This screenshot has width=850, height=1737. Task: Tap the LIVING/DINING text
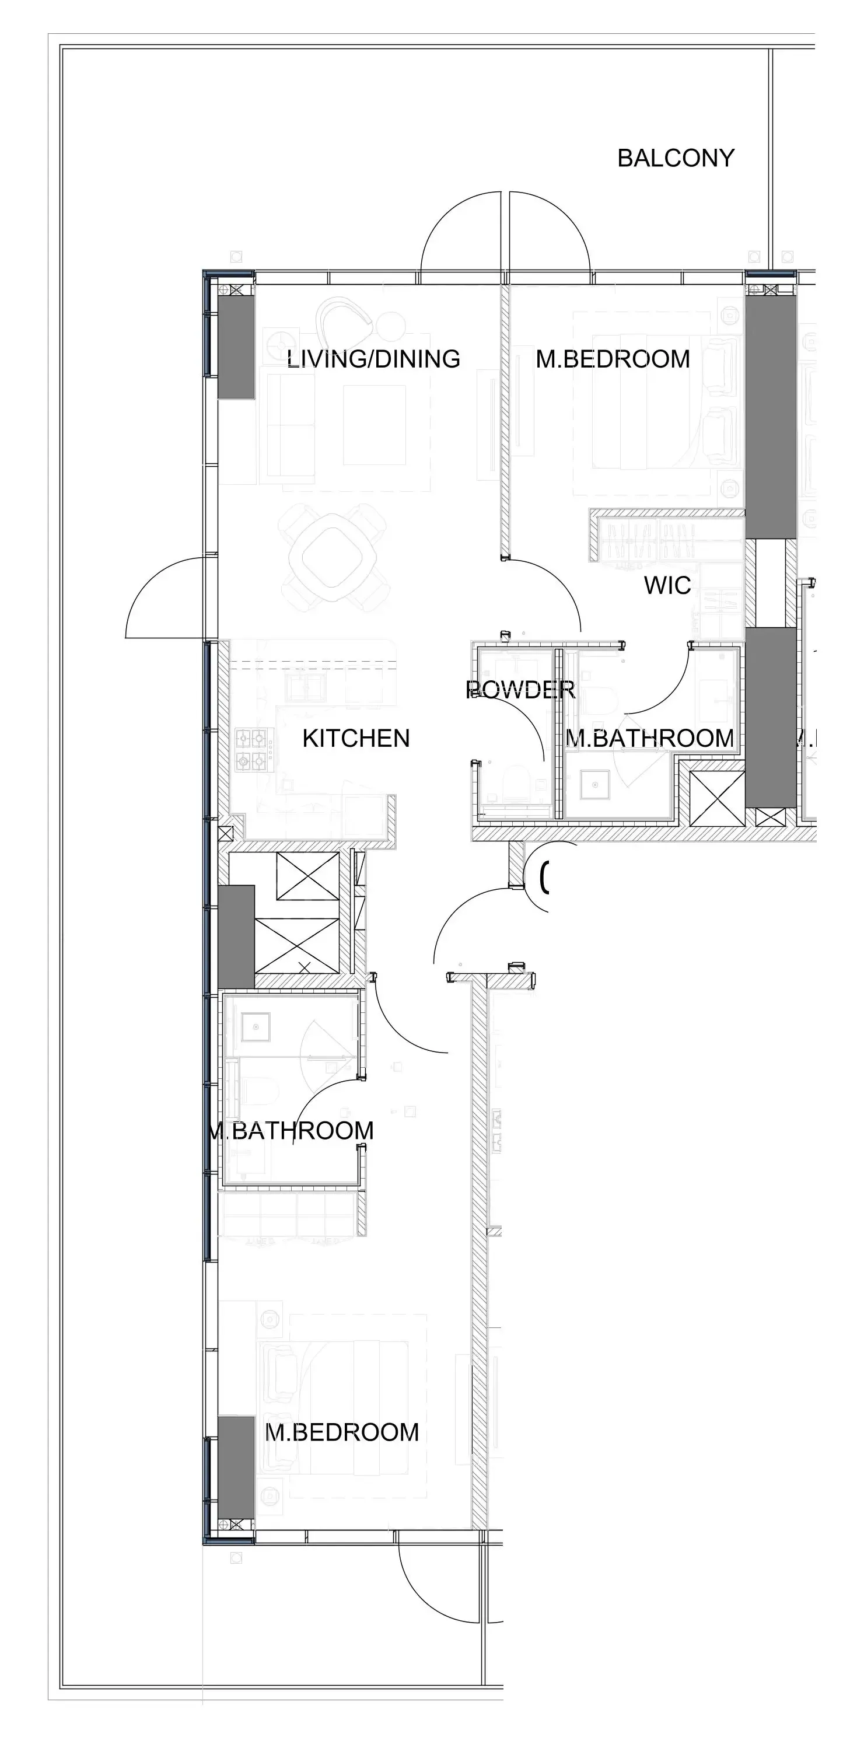click(373, 359)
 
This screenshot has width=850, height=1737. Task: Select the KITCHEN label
click(356, 738)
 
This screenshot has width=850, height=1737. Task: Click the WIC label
click(667, 585)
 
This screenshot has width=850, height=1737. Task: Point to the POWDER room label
click(520, 689)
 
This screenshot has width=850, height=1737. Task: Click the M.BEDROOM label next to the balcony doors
click(613, 359)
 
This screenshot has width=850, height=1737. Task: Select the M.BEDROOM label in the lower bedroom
click(342, 1431)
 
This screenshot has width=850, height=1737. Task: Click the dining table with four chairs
click(333, 558)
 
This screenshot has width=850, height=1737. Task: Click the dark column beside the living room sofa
click(236, 347)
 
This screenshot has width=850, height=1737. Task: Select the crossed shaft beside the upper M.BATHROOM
click(716, 798)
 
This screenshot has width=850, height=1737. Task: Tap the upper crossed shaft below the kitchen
click(307, 876)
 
